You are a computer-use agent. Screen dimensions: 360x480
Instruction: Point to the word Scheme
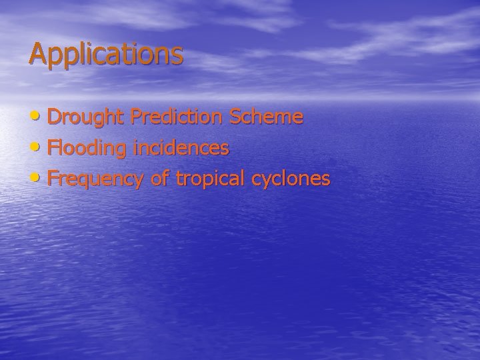(x=267, y=117)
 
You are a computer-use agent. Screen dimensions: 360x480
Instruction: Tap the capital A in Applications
(x=37, y=53)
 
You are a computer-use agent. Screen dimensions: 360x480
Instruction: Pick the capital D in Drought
(x=55, y=117)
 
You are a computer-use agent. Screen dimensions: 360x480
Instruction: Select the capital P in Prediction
(x=136, y=117)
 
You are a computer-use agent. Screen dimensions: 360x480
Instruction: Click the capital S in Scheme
(x=235, y=117)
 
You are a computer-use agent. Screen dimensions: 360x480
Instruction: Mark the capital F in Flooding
(x=53, y=148)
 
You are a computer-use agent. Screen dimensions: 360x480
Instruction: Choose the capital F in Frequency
(x=53, y=179)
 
